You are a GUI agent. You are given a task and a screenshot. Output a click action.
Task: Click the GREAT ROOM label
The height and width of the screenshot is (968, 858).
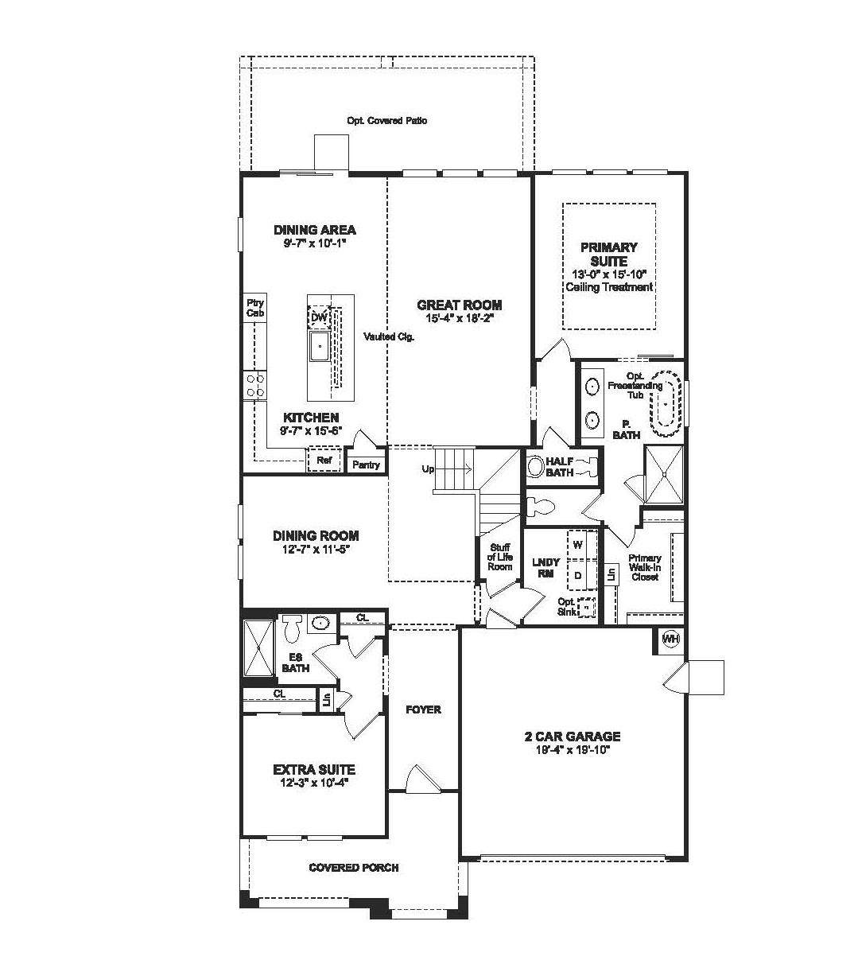click(459, 305)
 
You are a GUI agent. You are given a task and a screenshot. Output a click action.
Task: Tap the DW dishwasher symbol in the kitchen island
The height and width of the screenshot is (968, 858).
click(319, 317)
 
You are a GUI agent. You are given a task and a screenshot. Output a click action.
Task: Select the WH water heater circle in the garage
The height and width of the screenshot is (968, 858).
click(671, 639)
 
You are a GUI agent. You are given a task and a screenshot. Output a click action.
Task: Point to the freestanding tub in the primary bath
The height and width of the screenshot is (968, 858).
click(665, 403)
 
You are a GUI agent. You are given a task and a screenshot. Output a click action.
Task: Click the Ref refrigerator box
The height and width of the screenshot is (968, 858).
click(324, 460)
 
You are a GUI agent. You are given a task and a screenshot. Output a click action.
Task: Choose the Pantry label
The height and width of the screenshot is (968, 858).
click(366, 465)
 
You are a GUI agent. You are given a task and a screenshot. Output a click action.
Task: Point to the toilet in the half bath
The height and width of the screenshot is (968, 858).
click(536, 466)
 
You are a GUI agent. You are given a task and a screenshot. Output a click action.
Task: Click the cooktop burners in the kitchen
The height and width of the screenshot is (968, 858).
click(254, 386)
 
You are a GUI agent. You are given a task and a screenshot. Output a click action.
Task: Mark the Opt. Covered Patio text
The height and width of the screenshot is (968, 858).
click(387, 120)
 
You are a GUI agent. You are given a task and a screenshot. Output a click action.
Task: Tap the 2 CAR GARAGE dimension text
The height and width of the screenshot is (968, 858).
click(573, 749)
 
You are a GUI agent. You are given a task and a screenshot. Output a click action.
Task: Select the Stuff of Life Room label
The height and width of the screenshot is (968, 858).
click(499, 557)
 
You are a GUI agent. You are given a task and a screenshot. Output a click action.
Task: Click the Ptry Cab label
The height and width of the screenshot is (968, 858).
click(255, 308)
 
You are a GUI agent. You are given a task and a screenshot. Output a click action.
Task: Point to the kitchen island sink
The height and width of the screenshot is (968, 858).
click(319, 347)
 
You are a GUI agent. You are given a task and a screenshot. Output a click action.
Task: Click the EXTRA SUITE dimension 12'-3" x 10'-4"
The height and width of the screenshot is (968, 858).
click(314, 783)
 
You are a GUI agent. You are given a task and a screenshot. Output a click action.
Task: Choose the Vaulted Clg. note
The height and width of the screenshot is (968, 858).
click(389, 336)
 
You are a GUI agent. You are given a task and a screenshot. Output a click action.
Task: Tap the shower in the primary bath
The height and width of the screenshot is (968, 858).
click(664, 474)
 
